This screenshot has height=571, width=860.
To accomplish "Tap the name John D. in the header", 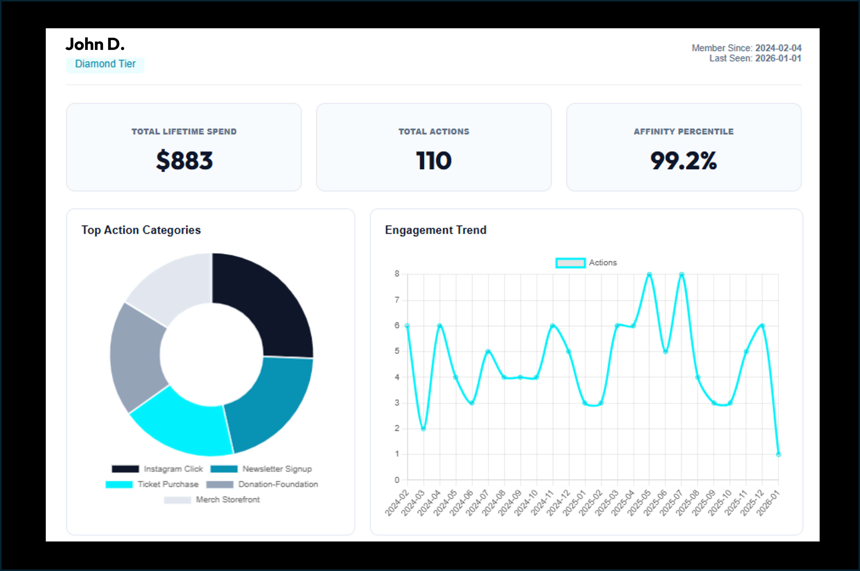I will tap(95, 44).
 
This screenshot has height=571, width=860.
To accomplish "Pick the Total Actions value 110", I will tap(434, 161).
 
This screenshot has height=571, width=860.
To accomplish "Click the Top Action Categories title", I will tap(141, 230).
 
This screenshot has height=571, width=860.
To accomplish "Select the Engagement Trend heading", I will tap(435, 230).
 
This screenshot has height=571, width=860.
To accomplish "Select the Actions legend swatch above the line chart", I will tap(570, 263).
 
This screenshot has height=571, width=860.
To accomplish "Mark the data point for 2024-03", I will tap(423, 429).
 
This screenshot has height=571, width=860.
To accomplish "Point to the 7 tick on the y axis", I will tap(397, 300).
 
